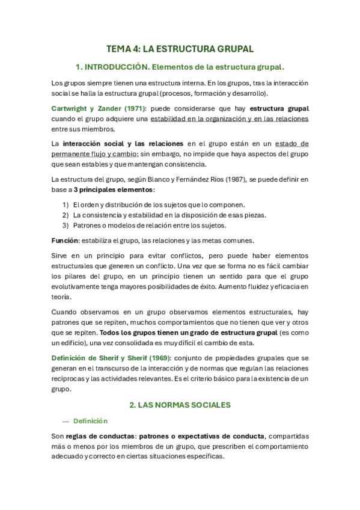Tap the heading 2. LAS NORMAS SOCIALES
180,405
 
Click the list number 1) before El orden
66,204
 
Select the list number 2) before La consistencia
66,215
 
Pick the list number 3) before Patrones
66,226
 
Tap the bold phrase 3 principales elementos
105,189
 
